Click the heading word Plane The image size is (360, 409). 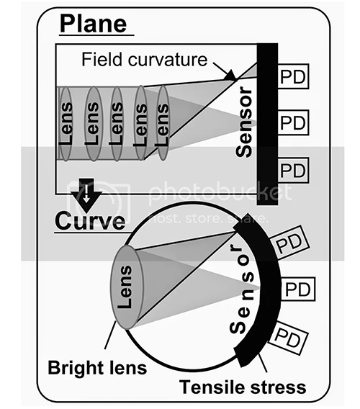(x=94, y=24)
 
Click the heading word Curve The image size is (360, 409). (x=90, y=221)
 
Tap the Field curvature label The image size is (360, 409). (x=145, y=60)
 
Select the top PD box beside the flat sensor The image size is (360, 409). (x=293, y=76)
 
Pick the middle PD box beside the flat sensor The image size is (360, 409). (x=293, y=122)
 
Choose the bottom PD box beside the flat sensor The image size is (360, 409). (x=293, y=170)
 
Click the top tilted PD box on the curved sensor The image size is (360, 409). (x=289, y=243)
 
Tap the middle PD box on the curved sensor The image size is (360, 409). (x=297, y=289)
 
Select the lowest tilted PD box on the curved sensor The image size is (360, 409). (x=288, y=338)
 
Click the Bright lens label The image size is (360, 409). (x=97, y=368)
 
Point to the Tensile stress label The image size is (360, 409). (x=243, y=387)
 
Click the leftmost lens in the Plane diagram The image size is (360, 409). (x=66, y=124)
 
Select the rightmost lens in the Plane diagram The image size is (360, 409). (x=163, y=123)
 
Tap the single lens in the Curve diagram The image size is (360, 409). (x=127, y=287)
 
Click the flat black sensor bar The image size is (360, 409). (x=267, y=124)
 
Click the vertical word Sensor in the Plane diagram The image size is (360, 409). (x=244, y=122)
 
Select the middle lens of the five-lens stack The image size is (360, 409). (x=117, y=123)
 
